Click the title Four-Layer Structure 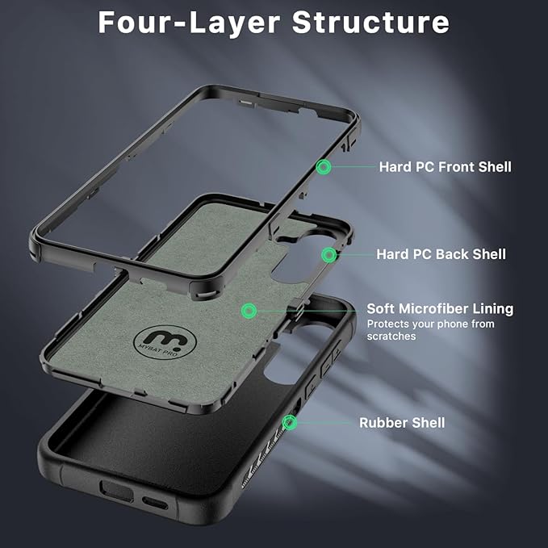273,23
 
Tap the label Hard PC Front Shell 445,167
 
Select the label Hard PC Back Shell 441,254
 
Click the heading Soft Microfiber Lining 440,309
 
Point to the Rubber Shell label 402,423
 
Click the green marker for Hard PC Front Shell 324,167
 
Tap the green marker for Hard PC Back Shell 328,255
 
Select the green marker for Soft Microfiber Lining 249,310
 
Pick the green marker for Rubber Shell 290,422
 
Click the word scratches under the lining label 391,336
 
